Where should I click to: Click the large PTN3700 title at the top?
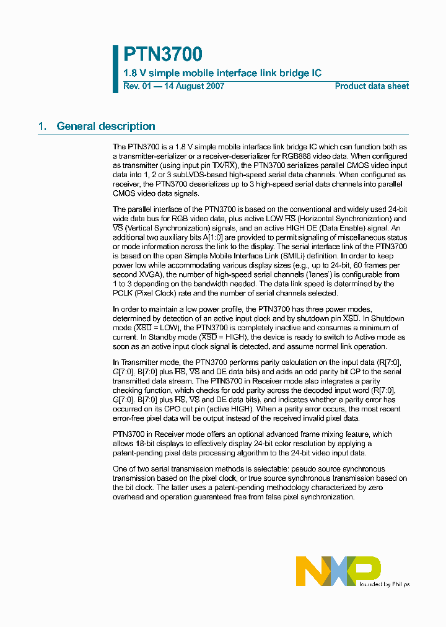[x=162, y=54]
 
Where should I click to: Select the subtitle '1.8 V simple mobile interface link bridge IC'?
[x=222, y=73]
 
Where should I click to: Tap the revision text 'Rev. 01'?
[x=136, y=87]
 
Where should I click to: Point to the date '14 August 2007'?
[x=194, y=87]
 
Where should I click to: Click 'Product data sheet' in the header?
[x=372, y=87]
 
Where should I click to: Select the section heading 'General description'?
[x=106, y=126]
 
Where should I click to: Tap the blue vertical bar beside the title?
[x=115, y=68]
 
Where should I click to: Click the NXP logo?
[x=338, y=571]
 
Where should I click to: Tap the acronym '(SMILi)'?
[x=300, y=256]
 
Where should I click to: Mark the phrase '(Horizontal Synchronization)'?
[x=343, y=218]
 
